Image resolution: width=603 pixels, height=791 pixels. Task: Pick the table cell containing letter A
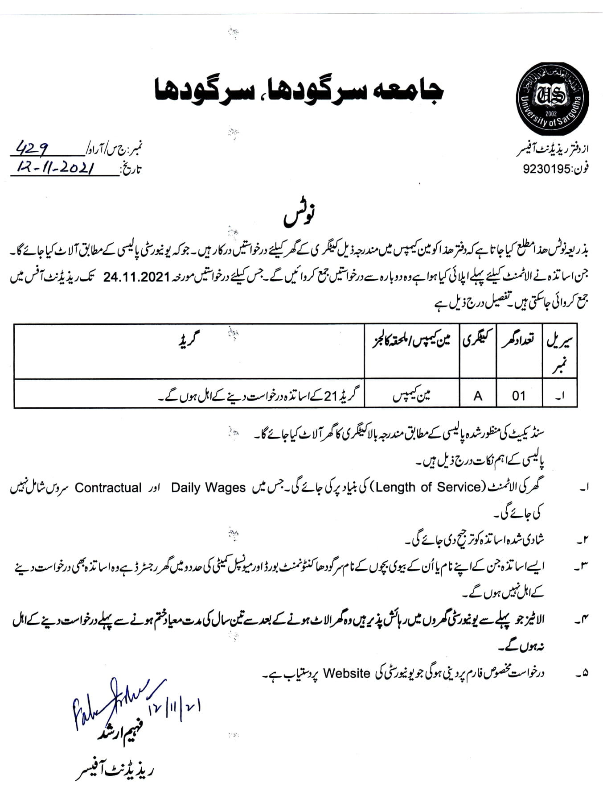pos(478,395)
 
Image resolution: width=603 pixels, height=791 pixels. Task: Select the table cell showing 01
pos(518,395)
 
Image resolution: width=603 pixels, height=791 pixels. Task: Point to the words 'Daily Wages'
pos(208,488)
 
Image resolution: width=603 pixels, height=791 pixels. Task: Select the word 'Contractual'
pos(108,488)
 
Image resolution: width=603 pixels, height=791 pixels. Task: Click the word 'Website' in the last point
pos(347,673)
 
